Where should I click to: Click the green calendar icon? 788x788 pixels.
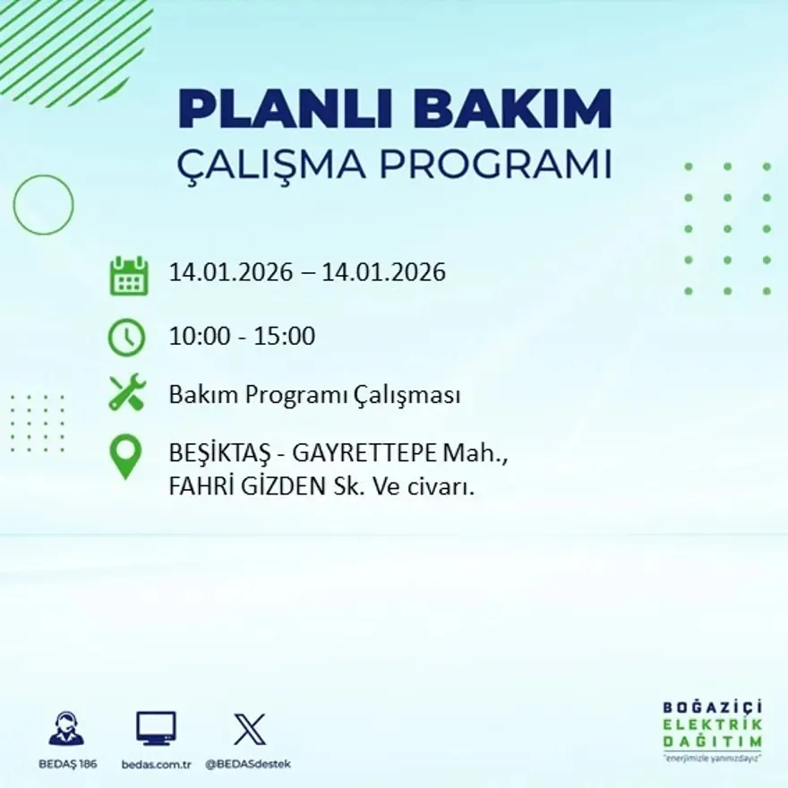(x=128, y=276)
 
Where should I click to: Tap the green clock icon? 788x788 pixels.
(x=126, y=338)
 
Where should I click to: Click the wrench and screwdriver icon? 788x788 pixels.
(x=126, y=393)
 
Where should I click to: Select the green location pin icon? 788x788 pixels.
(x=125, y=455)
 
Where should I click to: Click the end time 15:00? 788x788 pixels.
(x=286, y=337)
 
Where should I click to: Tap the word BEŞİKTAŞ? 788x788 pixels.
(x=210, y=455)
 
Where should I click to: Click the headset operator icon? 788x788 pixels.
(x=66, y=728)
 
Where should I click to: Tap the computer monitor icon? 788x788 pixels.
(x=156, y=728)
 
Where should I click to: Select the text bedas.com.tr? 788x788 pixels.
(x=156, y=764)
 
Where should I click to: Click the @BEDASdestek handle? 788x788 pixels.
(x=248, y=764)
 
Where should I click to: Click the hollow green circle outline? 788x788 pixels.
(x=43, y=205)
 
